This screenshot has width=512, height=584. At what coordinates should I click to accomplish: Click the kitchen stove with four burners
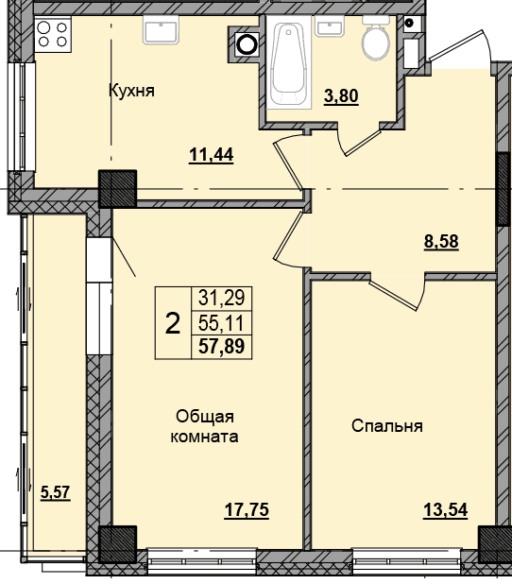tap(53, 34)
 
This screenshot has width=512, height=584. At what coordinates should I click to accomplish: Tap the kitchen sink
tap(162, 30)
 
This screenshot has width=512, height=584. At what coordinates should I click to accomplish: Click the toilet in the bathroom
tap(376, 39)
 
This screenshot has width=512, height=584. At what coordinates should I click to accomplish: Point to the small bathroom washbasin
tap(329, 26)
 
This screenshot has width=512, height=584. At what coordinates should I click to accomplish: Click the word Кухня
tap(131, 91)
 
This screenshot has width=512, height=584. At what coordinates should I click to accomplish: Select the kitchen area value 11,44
tap(212, 155)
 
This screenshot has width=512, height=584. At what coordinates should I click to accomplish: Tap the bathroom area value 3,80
tap(341, 96)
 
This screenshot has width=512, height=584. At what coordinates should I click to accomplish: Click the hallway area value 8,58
tap(441, 241)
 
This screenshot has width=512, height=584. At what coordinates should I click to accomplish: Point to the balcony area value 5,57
tap(56, 492)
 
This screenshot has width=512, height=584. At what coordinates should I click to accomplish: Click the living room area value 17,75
tap(247, 510)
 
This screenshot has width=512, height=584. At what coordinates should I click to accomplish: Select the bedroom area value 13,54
tap(445, 510)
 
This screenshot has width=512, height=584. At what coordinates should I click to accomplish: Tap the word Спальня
tap(387, 425)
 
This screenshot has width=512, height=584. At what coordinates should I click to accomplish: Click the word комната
tap(204, 437)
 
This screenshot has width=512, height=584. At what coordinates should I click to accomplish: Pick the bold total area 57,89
tap(222, 346)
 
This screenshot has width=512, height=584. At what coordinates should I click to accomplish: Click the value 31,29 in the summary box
tap(222, 298)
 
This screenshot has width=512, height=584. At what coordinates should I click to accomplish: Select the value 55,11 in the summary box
tap(221, 322)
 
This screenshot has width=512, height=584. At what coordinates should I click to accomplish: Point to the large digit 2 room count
tap(173, 323)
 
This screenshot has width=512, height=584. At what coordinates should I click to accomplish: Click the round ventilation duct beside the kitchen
tap(247, 44)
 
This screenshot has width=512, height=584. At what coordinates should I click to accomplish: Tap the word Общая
tap(205, 417)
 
